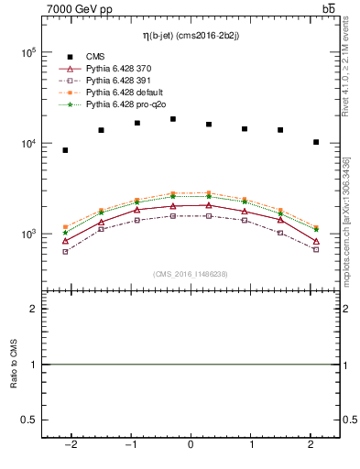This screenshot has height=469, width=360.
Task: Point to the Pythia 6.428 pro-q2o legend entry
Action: tap(122, 105)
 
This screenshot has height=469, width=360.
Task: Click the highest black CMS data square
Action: tap(173, 119)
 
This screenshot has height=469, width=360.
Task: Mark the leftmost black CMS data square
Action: tap(65, 150)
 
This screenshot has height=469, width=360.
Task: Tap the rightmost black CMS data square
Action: tap(316, 142)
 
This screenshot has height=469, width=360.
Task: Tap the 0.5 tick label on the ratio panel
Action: tap(27, 420)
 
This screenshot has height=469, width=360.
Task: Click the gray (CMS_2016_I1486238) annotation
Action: tap(191, 274)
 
